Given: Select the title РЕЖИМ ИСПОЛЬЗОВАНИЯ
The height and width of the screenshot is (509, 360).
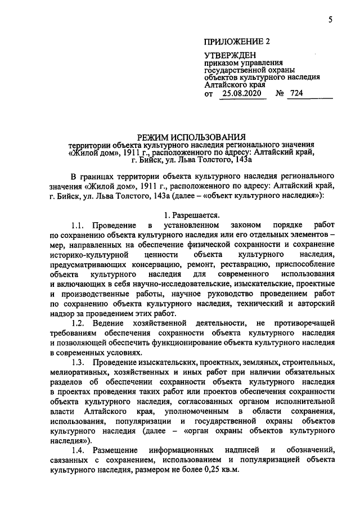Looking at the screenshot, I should click(x=192, y=137).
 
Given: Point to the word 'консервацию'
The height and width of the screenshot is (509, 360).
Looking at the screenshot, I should click(x=181, y=264).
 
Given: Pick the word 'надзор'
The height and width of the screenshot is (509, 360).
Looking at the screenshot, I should click(x=62, y=313).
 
